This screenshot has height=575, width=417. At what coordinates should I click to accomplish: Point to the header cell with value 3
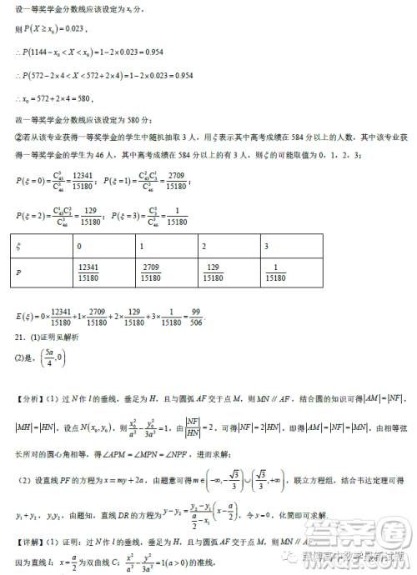(267, 247)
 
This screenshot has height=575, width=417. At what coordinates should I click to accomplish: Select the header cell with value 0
(79, 247)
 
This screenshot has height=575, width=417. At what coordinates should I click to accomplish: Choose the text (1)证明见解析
(55, 337)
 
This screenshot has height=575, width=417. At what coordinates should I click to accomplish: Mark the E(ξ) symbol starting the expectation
(28, 317)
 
